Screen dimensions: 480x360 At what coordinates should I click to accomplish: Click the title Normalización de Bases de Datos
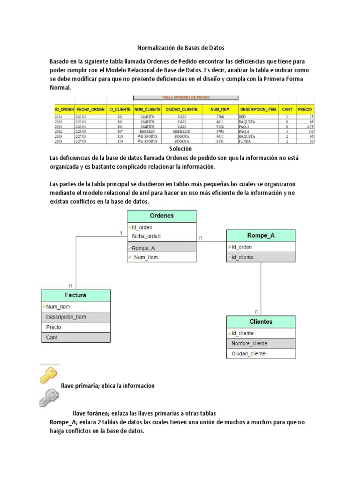click(x=180, y=48)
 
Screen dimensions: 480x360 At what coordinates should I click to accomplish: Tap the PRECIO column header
click(x=305, y=109)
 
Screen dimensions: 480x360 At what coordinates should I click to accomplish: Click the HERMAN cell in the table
click(x=147, y=132)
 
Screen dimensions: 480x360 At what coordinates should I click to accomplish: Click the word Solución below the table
click(x=180, y=149)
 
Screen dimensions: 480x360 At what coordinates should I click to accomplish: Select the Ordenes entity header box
click(x=162, y=216)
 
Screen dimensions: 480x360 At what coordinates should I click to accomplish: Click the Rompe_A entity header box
click(x=261, y=236)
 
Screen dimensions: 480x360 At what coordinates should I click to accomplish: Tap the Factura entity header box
click(x=76, y=295)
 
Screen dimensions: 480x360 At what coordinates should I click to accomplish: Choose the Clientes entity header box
click(x=261, y=322)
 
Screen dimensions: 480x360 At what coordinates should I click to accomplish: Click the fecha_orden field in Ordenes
click(x=146, y=236)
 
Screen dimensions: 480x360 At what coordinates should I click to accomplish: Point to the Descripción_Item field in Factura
click(x=66, y=317)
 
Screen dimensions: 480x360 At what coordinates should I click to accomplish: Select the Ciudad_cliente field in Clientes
click(x=248, y=353)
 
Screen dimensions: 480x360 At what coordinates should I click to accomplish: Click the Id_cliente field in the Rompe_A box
click(x=242, y=257)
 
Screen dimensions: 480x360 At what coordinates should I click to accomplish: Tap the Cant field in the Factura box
click(x=52, y=337)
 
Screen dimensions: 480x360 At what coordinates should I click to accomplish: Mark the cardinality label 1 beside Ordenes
click(x=121, y=233)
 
